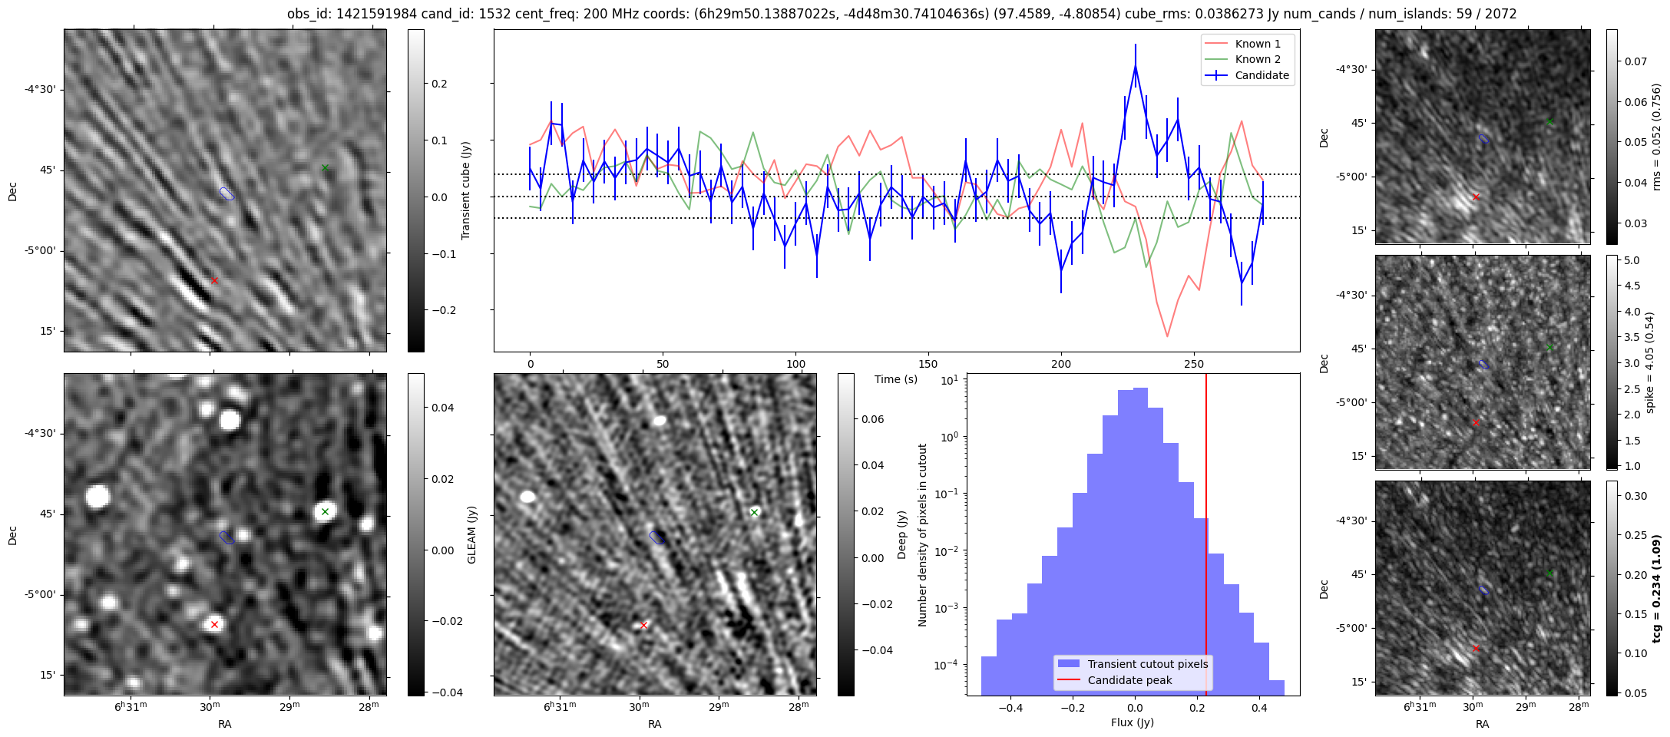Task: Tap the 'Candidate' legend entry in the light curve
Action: pos(1262,75)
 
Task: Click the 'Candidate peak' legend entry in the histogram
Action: pos(1129,680)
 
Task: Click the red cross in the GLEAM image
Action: pos(214,624)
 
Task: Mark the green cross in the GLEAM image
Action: pos(325,511)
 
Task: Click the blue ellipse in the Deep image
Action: pos(656,537)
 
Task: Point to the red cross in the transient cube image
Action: pos(214,280)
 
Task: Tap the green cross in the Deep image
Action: pos(754,512)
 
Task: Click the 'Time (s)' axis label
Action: pos(896,379)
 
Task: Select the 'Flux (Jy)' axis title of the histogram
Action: pos(1132,722)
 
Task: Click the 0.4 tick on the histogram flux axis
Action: pos(1258,708)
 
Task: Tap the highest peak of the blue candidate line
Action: pos(1135,67)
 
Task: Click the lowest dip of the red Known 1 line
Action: pos(1167,335)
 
